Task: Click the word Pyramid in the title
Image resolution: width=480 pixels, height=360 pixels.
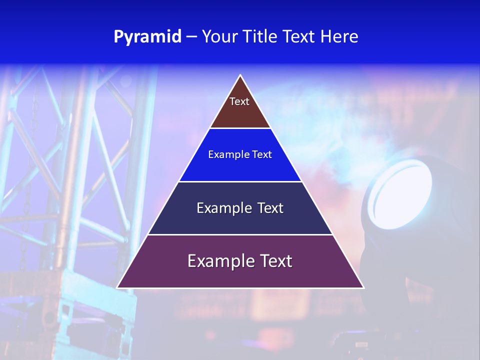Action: (147, 36)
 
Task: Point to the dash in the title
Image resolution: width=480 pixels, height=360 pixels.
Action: (191, 37)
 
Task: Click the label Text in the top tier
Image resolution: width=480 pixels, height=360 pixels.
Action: (239, 101)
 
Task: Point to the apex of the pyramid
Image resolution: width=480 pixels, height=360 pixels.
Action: (240, 76)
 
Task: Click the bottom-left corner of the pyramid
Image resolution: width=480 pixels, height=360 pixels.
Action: (118, 287)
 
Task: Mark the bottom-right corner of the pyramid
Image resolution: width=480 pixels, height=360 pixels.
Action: (363, 287)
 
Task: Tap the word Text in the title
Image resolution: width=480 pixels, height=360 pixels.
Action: (298, 36)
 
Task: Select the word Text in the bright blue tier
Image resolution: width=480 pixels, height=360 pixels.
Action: (262, 154)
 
